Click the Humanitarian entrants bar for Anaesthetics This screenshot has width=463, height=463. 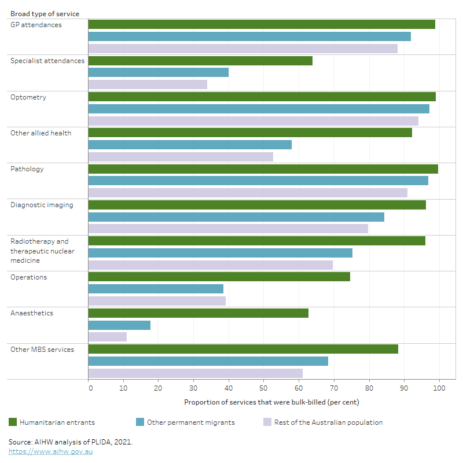(x=198, y=313)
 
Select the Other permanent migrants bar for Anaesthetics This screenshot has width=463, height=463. (x=119, y=325)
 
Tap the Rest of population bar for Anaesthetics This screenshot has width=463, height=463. (x=107, y=337)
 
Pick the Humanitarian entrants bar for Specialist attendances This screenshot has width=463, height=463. (x=200, y=61)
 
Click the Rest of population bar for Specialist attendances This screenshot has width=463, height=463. (x=148, y=84)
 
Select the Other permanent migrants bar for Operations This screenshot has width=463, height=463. (x=156, y=289)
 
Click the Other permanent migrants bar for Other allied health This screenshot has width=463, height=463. (x=190, y=145)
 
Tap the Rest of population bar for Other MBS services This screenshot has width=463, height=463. (x=195, y=373)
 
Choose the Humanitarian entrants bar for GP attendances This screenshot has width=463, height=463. (x=262, y=24)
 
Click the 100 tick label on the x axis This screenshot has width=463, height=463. (x=439, y=388)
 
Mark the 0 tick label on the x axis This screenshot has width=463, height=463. (x=90, y=388)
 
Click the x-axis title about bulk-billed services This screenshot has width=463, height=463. (x=271, y=402)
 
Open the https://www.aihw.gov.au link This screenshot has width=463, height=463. (x=50, y=451)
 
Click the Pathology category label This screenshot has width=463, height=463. (x=27, y=169)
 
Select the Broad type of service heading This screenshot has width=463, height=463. (x=45, y=13)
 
